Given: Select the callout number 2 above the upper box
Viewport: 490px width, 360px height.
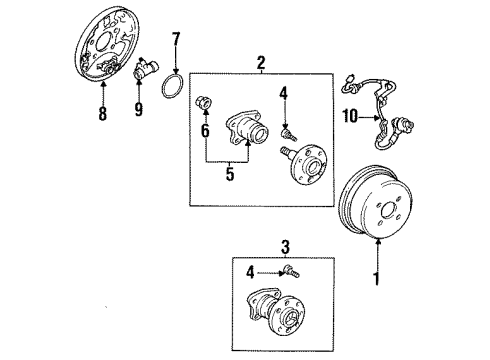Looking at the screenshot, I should (262, 64).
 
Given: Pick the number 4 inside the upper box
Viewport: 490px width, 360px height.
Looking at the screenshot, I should (284, 95).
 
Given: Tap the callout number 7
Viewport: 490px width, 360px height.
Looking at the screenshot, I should (175, 41).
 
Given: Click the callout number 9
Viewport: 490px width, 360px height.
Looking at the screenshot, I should (137, 108).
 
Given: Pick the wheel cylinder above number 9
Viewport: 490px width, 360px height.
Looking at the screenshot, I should (144, 73).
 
